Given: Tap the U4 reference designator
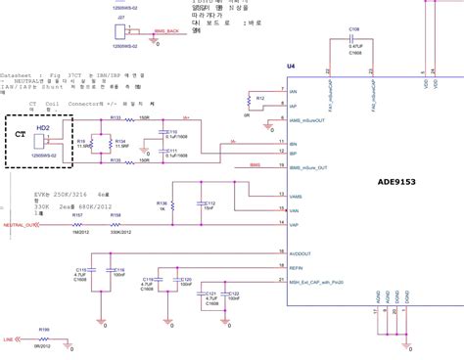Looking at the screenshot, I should point(291,66).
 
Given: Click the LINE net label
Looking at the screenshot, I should point(8,339).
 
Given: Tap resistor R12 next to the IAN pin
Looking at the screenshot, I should point(258,99).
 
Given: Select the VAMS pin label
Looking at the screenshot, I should point(297,197).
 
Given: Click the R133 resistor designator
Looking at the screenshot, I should point(115,116).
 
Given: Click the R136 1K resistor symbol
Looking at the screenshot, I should point(172,206).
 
